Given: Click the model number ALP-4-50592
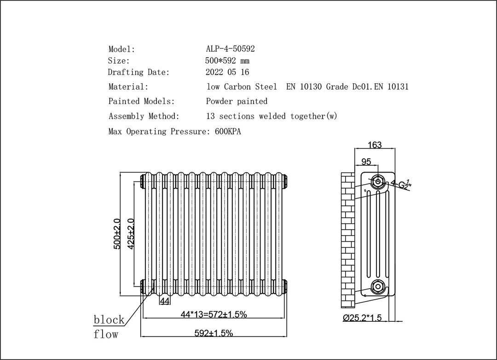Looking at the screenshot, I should (230, 49).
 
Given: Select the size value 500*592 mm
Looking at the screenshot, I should (227, 61).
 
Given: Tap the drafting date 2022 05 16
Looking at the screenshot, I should (228, 72).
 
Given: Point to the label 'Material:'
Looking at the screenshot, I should (128, 87).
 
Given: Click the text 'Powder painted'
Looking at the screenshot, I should (237, 101).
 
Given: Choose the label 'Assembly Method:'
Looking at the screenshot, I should (144, 116).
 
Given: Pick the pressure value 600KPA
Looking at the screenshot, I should (228, 132).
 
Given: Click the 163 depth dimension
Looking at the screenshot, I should (375, 145).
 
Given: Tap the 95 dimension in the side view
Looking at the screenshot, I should (366, 162).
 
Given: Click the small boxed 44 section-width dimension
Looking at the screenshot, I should (165, 301).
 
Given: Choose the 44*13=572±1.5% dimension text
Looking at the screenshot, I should (214, 314).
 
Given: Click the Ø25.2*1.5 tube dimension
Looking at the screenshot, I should (363, 318).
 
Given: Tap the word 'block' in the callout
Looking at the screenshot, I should (109, 319).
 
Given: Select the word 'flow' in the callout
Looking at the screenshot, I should (106, 334).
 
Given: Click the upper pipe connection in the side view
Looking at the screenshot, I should (378, 181).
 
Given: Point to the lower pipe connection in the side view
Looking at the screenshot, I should (378, 286).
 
